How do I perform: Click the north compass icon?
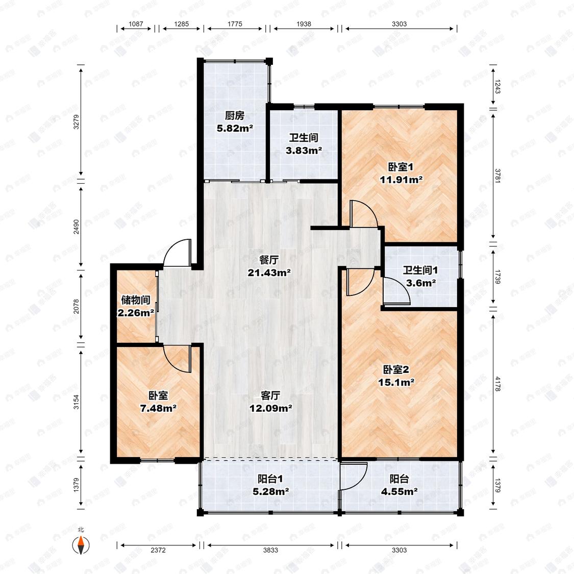pyautogui.click(x=81, y=545)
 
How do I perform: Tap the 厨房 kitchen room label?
pyautogui.click(x=235, y=116)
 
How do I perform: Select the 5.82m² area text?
pyautogui.click(x=235, y=129)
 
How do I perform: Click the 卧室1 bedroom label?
pyautogui.click(x=401, y=167)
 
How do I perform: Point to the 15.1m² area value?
pyautogui.click(x=396, y=382)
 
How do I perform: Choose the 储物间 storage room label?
pyautogui.click(x=136, y=300)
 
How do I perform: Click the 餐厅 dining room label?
pyautogui.click(x=269, y=260)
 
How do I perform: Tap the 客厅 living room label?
pyautogui.click(x=270, y=395)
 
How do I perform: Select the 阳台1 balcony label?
pyautogui.click(x=270, y=479)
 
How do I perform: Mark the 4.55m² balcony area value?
pyautogui.click(x=400, y=492)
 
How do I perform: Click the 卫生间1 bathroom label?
pyautogui.click(x=420, y=270)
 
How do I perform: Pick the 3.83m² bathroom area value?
pyautogui.click(x=304, y=151)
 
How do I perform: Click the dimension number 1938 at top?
pyautogui.click(x=304, y=24)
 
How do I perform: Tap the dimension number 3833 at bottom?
pyautogui.click(x=270, y=550)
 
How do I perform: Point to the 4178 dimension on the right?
pyautogui.click(x=497, y=384)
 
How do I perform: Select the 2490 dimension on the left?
pyautogui.click(x=76, y=227)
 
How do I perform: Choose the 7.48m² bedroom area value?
pyautogui.click(x=159, y=408)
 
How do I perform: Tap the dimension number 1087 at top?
pyautogui.click(x=136, y=24)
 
